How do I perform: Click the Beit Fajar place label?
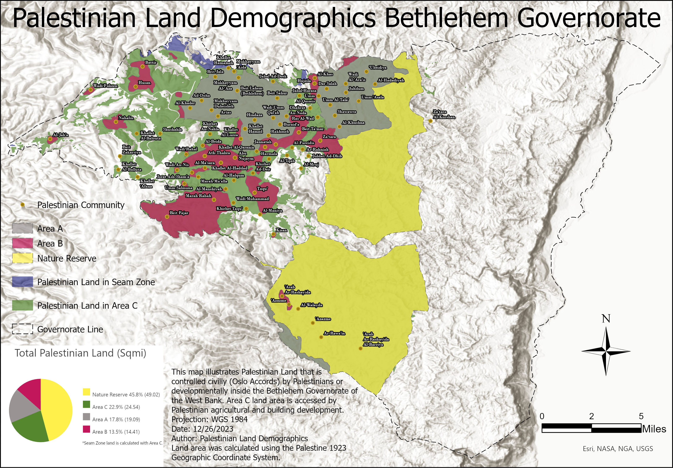pos(179,213)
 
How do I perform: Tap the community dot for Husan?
pos(136,87)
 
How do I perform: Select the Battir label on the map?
pos(151,62)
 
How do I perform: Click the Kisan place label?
pos(281,230)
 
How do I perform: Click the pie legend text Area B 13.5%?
pos(116,432)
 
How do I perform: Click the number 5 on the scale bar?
pos(641,416)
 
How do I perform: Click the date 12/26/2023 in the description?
pos(213,429)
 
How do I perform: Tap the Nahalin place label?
pos(126,118)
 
